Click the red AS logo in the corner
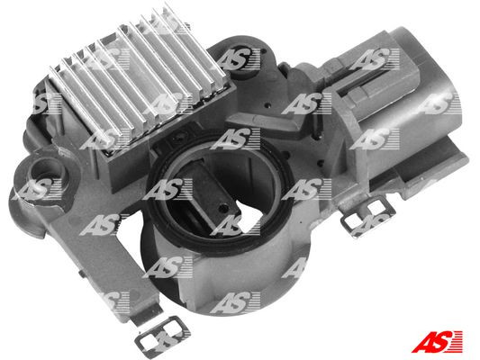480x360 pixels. (437, 342)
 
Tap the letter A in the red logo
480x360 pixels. (422, 342)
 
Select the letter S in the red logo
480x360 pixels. (439, 342)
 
